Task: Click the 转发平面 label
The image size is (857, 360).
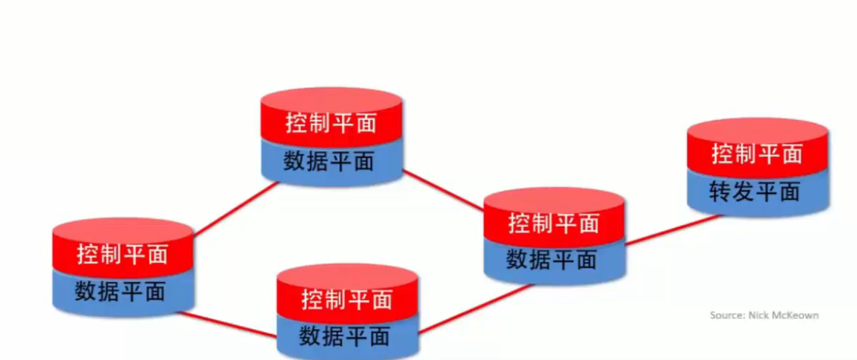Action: [755, 192]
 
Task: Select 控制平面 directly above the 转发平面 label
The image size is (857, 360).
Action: [757, 154]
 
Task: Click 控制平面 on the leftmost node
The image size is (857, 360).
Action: [122, 254]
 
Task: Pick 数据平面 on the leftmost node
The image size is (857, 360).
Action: [120, 291]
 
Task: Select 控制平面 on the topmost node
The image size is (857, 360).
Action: [331, 123]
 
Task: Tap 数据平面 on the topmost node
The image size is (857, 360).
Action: [329, 161]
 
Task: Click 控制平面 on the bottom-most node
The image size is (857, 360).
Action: [347, 299]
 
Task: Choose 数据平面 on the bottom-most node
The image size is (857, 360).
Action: [344, 336]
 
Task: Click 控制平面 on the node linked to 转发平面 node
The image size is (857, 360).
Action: [554, 223]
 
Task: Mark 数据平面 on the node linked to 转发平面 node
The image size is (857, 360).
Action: [552, 260]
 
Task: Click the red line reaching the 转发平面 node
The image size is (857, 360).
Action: [673, 229]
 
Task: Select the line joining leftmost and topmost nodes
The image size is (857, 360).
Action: [235, 209]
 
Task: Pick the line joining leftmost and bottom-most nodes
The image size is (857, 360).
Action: [228, 325]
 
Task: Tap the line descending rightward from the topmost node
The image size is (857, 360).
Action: [444, 190]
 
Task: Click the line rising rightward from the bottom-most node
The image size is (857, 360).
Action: [476, 309]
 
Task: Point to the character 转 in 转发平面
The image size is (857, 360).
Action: [720, 192]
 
